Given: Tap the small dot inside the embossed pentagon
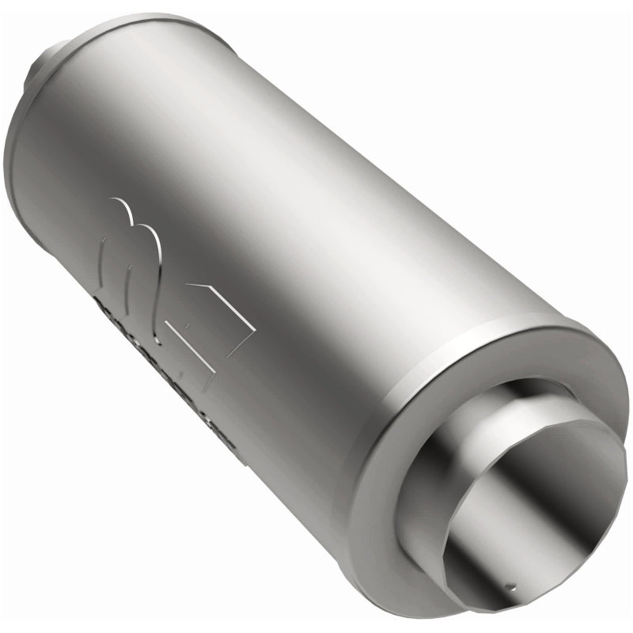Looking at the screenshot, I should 188,324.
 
